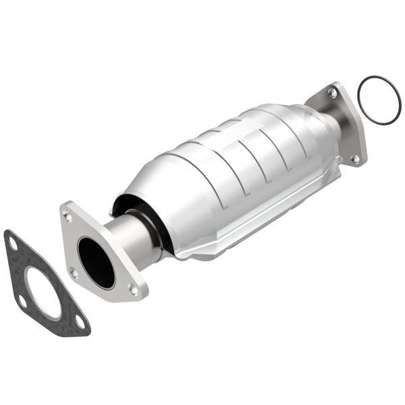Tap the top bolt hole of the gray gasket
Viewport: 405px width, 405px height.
pyautogui.click(x=12, y=242)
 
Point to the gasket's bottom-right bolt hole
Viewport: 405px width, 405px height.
pyautogui.click(x=79, y=322)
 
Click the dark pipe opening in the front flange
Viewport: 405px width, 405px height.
pyautogui.click(x=95, y=262)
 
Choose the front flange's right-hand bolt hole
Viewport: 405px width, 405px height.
pyautogui.click(x=133, y=290)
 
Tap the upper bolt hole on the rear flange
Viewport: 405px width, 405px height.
pyautogui.click(x=331, y=94)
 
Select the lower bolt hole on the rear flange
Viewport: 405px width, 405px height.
pyautogui.click(x=354, y=159)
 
